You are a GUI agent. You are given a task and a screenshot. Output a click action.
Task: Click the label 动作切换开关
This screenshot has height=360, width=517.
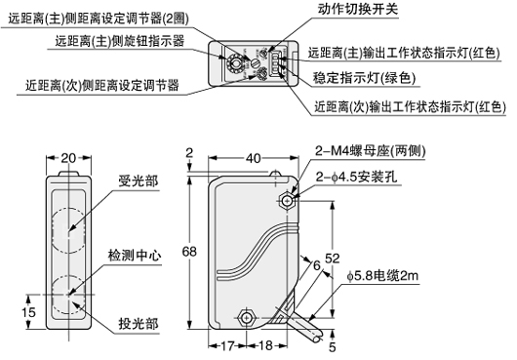click(358, 9)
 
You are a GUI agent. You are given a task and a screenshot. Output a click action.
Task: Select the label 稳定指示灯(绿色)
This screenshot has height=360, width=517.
click(365, 78)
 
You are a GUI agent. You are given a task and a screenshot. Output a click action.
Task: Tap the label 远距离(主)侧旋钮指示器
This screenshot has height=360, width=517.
click(120, 41)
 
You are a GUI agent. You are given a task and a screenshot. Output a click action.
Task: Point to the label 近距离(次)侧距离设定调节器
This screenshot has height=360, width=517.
click(102, 86)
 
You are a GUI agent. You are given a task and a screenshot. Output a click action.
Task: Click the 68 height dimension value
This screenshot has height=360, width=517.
click(189, 252)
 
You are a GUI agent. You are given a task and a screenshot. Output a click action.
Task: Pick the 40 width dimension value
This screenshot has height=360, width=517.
click(254, 159)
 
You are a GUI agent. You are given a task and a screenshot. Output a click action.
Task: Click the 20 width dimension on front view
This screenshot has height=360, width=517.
click(68, 159)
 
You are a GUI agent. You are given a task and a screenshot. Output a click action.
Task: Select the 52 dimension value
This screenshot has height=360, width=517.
click(333, 259)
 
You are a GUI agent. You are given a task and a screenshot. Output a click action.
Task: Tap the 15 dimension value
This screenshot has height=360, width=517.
click(28, 312)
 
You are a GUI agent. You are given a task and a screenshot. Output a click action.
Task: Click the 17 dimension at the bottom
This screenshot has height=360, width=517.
click(227, 345)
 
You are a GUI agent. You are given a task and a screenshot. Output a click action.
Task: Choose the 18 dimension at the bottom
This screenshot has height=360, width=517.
click(265, 345)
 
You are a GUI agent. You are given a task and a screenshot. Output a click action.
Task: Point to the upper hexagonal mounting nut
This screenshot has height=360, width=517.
click(287, 200)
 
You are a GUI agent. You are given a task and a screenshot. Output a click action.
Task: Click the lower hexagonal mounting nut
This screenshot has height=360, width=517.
click(246, 317)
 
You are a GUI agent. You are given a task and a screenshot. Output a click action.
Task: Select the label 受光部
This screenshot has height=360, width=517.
click(139, 181)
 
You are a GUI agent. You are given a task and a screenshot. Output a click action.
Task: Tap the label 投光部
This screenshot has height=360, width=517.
click(139, 324)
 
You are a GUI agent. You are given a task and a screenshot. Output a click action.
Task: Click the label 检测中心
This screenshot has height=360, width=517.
click(135, 256)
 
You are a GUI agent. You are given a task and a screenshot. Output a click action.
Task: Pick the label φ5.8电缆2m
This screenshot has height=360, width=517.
click(382, 276)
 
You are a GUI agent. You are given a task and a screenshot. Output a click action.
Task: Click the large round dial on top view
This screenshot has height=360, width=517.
click(234, 62)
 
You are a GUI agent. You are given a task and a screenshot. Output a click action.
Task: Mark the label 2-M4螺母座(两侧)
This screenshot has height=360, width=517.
click(371, 151)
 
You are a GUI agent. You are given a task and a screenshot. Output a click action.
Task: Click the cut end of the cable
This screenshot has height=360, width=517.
click(318, 339)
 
